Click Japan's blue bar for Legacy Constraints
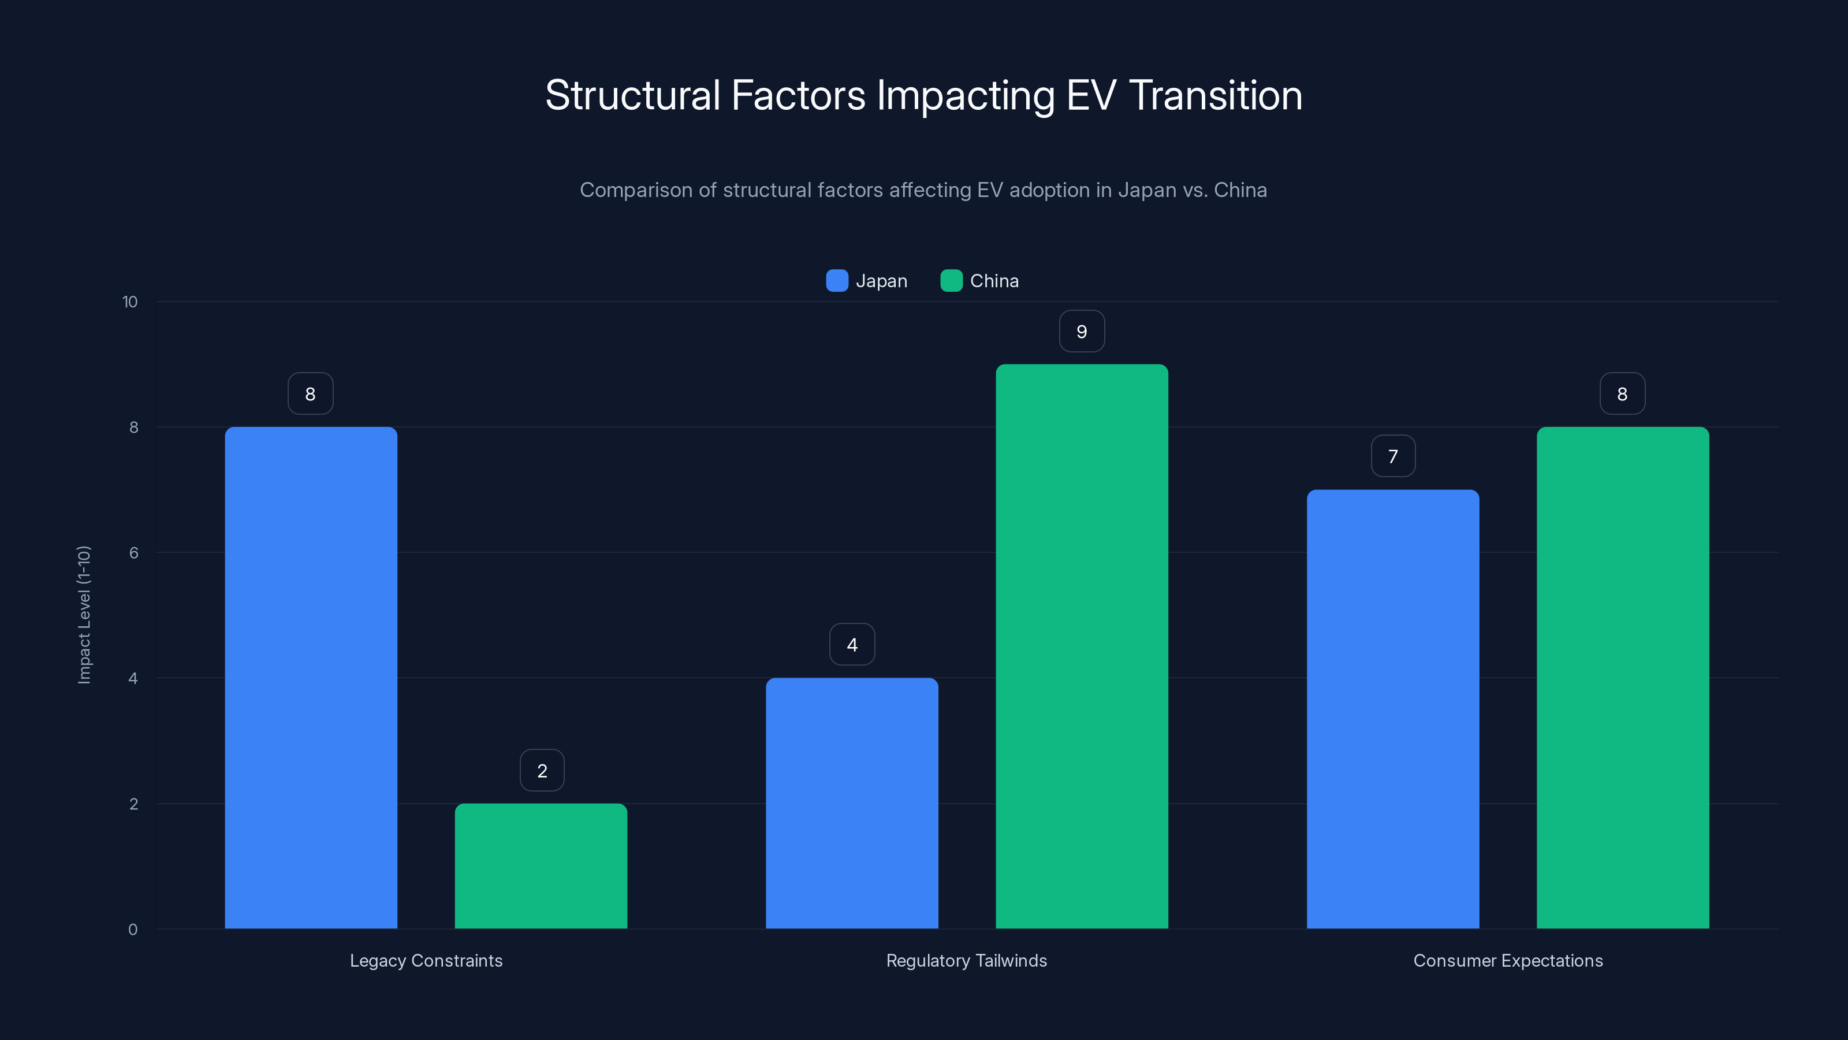(311, 678)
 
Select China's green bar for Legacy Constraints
(541, 866)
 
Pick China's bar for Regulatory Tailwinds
(1082, 646)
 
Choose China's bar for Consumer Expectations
(1623, 678)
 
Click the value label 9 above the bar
(1082, 332)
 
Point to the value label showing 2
(542, 771)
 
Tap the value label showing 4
(852, 645)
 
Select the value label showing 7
(1392, 456)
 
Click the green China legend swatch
(951, 281)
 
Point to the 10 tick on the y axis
(130, 302)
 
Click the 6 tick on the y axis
(133, 553)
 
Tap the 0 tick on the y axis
(133, 930)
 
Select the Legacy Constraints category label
(426, 960)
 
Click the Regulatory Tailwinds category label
(966, 960)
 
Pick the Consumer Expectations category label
(1508, 960)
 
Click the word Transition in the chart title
(1215, 95)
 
